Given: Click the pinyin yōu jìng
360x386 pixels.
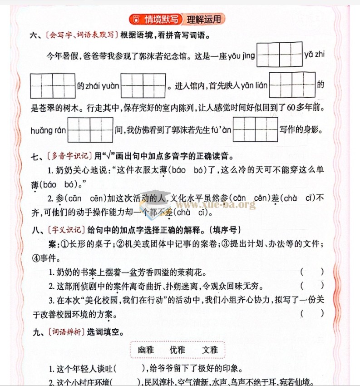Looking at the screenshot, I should coord(241,56).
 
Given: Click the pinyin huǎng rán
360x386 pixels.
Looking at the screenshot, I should coord(48,130).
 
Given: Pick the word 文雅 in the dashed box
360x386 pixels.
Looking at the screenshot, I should coord(210,350).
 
